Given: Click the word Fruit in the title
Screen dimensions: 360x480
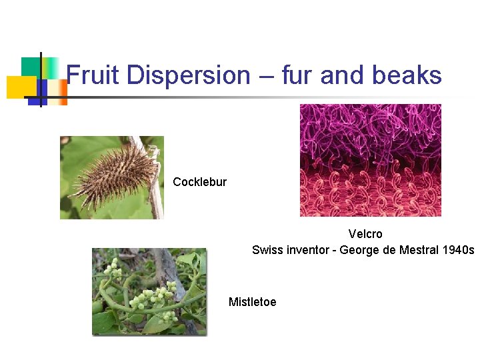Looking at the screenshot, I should pyautogui.click(x=93, y=75).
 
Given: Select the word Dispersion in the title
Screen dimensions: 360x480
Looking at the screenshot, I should pyautogui.click(x=188, y=75).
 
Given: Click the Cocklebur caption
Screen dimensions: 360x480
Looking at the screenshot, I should pyautogui.click(x=199, y=182).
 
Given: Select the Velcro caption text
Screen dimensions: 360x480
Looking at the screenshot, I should pyautogui.click(x=365, y=235).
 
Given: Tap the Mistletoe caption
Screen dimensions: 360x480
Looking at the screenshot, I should pyautogui.click(x=252, y=302).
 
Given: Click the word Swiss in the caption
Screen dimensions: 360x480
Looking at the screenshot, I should pyautogui.click(x=267, y=250).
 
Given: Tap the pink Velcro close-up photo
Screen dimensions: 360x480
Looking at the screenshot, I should pyautogui.click(x=370, y=160).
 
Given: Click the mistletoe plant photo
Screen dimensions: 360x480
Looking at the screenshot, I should pyautogui.click(x=149, y=291).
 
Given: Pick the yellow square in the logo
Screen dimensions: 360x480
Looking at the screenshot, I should pyautogui.click(x=21, y=87).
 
